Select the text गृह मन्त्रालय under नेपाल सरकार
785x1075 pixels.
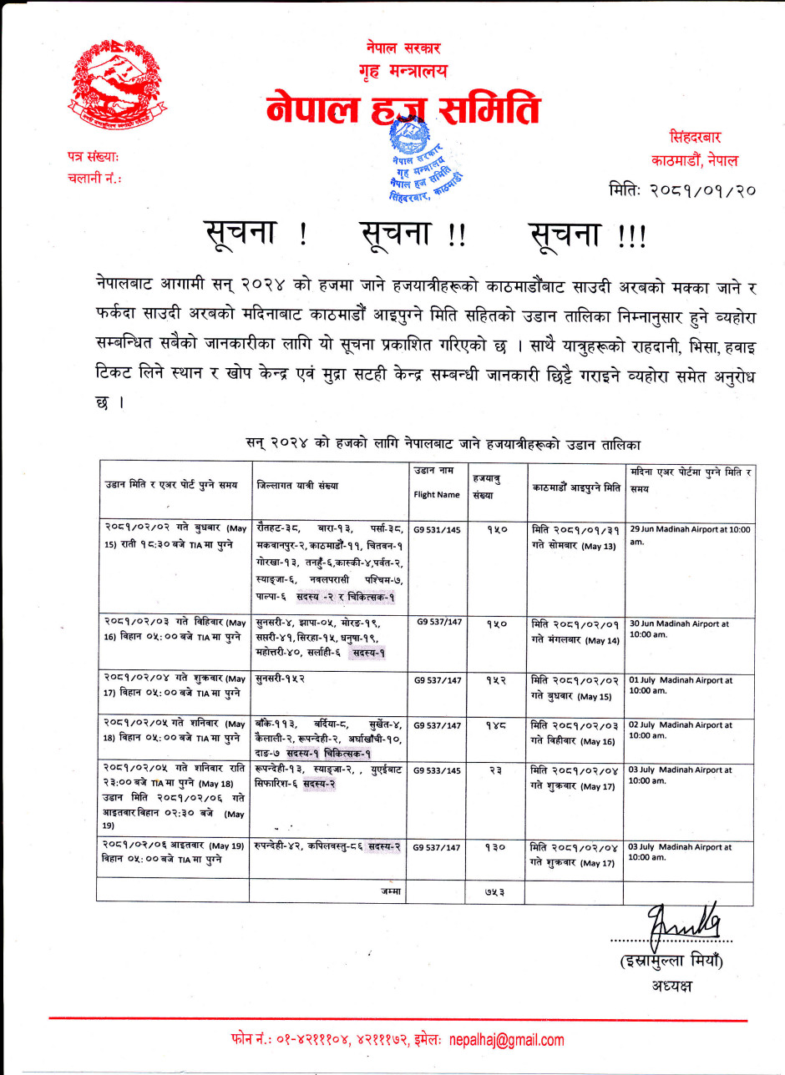[x=403, y=72]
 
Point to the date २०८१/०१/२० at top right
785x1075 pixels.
[x=683, y=189]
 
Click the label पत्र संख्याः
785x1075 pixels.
[x=93, y=156]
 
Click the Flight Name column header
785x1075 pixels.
[x=437, y=495]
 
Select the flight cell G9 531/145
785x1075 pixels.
[x=437, y=528]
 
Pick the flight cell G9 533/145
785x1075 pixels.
[x=437, y=770]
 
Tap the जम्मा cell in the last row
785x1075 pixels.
[x=390, y=892]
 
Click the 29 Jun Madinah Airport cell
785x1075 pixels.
[x=690, y=535]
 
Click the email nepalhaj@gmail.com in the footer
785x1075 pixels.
[x=506, y=1040]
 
